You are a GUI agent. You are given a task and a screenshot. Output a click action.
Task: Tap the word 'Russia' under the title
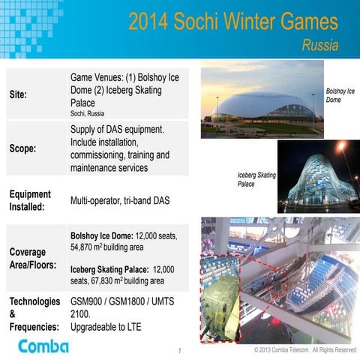[x=319, y=46]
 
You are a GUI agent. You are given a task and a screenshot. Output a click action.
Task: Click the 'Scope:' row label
[x=22, y=148]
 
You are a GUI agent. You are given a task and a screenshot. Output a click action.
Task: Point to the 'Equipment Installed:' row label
[x=30, y=199]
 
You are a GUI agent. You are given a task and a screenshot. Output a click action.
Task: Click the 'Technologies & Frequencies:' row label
[x=34, y=314]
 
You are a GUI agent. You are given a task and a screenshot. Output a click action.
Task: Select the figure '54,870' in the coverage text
[x=85, y=246]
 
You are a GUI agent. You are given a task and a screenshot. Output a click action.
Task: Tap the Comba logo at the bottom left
[x=43, y=345]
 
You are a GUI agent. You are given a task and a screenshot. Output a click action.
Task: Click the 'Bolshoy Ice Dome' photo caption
[x=340, y=95]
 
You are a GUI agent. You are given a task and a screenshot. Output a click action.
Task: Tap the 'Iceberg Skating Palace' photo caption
[x=256, y=179]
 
